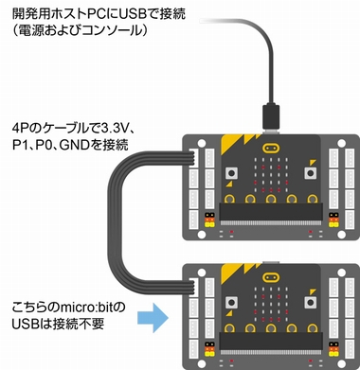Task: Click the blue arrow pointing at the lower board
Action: pyautogui.click(x=153, y=318)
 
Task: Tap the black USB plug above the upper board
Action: pyautogui.click(x=271, y=116)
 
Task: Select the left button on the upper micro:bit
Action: pyautogui.click(x=232, y=173)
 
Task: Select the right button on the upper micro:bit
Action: pyautogui.click(x=310, y=173)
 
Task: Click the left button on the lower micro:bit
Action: pyautogui.click(x=232, y=303)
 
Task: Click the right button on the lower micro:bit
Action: pyautogui.click(x=310, y=303)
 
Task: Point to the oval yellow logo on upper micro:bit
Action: pyautogui.click(x=271, y=148)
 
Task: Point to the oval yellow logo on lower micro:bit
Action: pyautogui.click(x=271, y=277)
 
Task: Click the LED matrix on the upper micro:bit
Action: pyautogui.click(x=271, y=174)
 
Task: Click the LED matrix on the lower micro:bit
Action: pyautogui.click(x=271, y=304)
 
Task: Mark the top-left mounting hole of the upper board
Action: pyautogui.click(x=202, y=144)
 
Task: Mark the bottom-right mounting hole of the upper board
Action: pyautogui.click(x=341, y=235)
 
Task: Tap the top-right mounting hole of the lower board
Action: pyautogui.click(x=341, y=273)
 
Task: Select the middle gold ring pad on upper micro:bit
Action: pyautogui.click(x=271, y=199)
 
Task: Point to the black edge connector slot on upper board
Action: pyautogui.click(x=271, y=212)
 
